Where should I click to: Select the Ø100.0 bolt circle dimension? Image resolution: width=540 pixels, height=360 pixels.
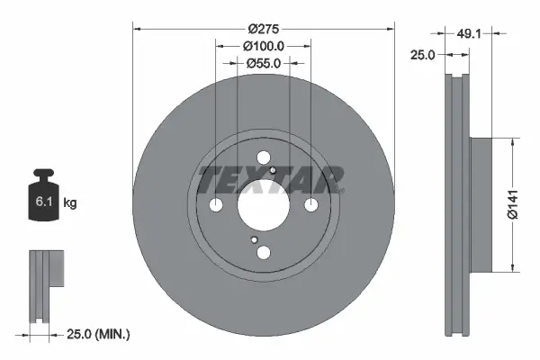pyautogui.click(x=263, y=45)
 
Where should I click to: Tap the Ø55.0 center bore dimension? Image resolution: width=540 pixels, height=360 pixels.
pyautogui.click(x=263, y=63)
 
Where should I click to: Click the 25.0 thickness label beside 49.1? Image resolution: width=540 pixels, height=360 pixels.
pyautogui.click(x=423, y=55)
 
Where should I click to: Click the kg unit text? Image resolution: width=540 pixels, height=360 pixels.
pyautogui.click(x=70, y=204)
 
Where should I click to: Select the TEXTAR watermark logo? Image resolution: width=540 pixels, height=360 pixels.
pyautogui.click(x=270, y=179)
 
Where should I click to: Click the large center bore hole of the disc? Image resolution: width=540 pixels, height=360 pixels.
pyautogui.click(x=263, y=207)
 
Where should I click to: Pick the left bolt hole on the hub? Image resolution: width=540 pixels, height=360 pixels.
pyautogui.click(x=216, y=207)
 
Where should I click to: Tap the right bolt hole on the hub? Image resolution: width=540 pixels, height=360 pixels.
pyautogui.click(x=310, y=207)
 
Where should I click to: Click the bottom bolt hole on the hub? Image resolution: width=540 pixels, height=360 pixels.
pyautogui.click(x=263, y=253)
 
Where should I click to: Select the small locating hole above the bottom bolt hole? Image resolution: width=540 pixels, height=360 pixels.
pyautogui.click(x=255, y=240)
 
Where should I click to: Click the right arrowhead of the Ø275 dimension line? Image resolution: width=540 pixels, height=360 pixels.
pyautogui.click(x=390, y=27)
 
